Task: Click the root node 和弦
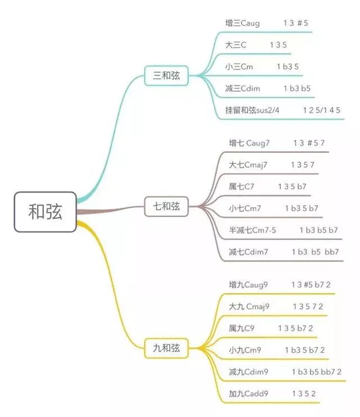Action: [45, 212]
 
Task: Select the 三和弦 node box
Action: [166, 75]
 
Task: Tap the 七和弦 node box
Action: [166, 207]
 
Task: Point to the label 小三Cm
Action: [238, 66]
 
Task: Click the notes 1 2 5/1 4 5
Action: [322, 110]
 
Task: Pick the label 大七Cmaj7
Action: [247, 164]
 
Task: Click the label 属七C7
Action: [241, 186]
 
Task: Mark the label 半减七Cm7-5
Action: [252, 230]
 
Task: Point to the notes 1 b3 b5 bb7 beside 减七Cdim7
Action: [315, 252]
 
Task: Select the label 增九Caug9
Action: [248, 285]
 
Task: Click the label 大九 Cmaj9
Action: [249, 307]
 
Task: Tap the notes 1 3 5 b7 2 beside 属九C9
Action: [295, 328]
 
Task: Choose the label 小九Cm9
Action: [245, 350]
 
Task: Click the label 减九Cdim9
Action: [248, 371]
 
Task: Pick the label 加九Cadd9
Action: [248, 393]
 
